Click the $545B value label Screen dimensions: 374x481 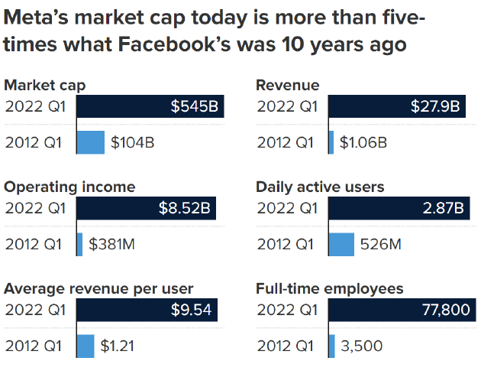195,107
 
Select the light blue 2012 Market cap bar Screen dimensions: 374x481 90,141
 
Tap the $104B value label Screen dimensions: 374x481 133,141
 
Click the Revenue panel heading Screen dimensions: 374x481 287,85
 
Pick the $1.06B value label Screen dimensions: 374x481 363,141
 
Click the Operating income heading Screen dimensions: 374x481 70,187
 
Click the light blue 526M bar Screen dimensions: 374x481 341,244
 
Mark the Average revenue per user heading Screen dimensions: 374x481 99,288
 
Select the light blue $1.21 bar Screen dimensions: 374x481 86,346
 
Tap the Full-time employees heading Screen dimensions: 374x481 330,288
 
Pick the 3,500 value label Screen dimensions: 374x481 361,346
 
